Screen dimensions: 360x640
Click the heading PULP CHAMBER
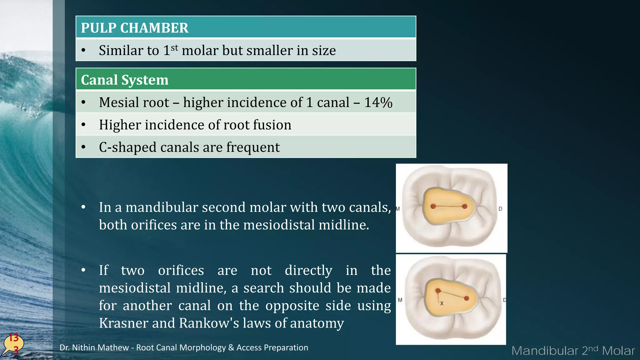[x=135, y=28]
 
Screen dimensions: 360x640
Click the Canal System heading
[x=125, y=80]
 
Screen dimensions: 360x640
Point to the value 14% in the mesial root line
[x=378, y=102]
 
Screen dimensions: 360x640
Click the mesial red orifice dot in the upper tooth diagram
[x=433, y=206]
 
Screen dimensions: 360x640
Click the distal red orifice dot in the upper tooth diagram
[x=465, y=207]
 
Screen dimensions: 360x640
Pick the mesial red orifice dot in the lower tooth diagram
[x=438, y=291]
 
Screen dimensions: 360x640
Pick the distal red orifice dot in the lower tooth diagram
[x=467, y=298]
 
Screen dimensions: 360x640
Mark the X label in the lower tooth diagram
[x=442, y=303]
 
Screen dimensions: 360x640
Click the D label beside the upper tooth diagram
[x=500, y=209]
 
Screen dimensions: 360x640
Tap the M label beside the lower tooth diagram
[x=400, y=300]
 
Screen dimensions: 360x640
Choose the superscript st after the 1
[x=174, y=48]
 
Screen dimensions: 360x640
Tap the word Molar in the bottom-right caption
[x=618, y=351]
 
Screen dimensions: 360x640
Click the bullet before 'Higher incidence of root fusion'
[x=83, y=125]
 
